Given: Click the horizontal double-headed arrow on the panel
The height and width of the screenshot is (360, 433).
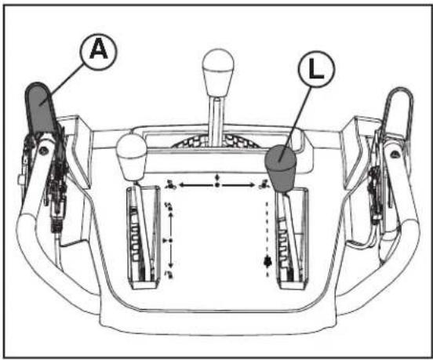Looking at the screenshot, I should tap(217, 185).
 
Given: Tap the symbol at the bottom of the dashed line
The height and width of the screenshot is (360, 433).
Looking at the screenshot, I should tap(268, 261).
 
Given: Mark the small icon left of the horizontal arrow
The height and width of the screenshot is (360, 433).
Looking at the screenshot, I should tap(170, 185).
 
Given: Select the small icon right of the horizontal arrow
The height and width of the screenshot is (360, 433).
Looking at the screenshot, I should tap(265, 186).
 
